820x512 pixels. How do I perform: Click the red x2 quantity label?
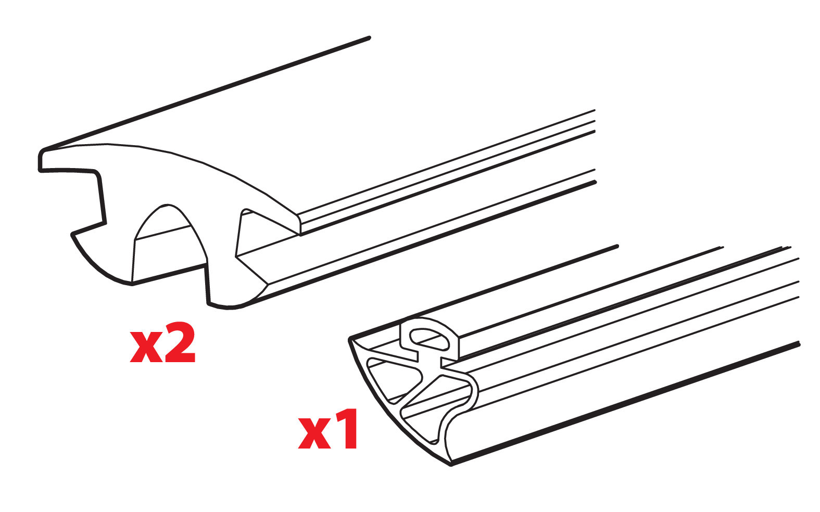click(x=162, y=344)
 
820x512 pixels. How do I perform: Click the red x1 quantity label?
click(x=328, y=430)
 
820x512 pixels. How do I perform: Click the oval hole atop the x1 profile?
click(x=429, y=338)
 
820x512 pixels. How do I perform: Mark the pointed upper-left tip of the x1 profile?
click(x=350, y=340)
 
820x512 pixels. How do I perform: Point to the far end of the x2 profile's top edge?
click(x=369, y=37)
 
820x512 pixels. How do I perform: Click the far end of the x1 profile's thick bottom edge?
click(x=798, y=343)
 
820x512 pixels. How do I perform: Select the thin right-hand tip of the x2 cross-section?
click(x=299, y=224)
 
